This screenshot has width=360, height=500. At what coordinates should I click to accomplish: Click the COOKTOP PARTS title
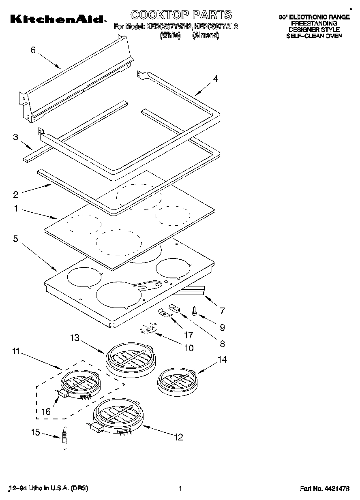(x=181, y=15)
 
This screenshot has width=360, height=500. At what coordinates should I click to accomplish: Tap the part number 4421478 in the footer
(x=324, y=489)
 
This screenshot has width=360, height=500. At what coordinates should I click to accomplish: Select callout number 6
(x=33, y=50)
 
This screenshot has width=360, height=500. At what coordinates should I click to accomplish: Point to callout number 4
(x=216, y=79)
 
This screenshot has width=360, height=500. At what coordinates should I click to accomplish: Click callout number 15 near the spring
(x=36, y=432)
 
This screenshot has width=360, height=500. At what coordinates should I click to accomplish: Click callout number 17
(x=189, y=335)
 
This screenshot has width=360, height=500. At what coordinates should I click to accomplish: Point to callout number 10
(x=189, y=348)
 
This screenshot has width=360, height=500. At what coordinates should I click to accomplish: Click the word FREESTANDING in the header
(x=314, y=24)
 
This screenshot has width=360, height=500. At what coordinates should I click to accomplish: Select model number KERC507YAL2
(x=216, y=27)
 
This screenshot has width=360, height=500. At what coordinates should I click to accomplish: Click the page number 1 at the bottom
(x=180, y=489)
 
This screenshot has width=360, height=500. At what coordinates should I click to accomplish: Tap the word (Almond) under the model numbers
(x=206, y=35)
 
